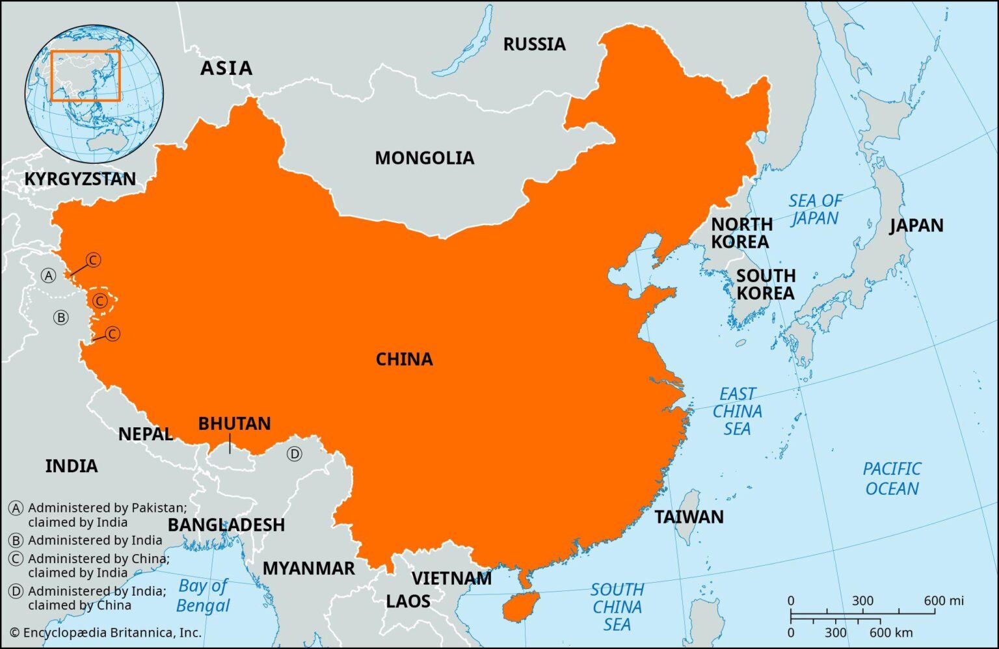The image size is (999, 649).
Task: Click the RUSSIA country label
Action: pyautogui.click(x=534, y=44)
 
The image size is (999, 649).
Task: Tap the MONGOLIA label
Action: pyautogui.click(x=424, y=158)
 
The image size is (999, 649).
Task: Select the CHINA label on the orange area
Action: pyautogui.click(x=404, y=359)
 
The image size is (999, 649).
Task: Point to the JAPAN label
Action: pyautogui.click(x=916, y=226)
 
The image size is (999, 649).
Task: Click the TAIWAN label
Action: pyautogui.click(x=689, y=517)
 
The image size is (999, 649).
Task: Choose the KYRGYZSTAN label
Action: pyautogui.click(x=80, y=179)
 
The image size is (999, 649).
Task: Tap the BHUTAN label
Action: pyautogui.click(x=234, y=424)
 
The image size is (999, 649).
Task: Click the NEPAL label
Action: pyautogui.click(x=145, y=434)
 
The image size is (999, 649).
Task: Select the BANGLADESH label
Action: pyautogui.click(x=226, y=525)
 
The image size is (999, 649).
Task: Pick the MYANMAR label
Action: pyautogui.click(x=308, y=568)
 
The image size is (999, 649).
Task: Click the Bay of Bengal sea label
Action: pyautogui.click(x=203, y=596)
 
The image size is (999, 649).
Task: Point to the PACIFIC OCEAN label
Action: pyautogui.click(x=892, y=479)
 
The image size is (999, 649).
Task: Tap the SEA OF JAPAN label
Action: pyautogui.click(x=815, y=209)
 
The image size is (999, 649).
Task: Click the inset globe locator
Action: pyautogui.click(x=94, y=94)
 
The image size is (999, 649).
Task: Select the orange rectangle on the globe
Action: pyautogui.click(x=85, y=75)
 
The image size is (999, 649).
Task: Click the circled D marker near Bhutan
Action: pyautogui.click(x=295, y=454)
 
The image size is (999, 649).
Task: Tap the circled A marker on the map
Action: pyautogui.click(x=48, y=276)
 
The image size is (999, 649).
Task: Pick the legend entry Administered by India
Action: pyautogui.click(x=94, y=540)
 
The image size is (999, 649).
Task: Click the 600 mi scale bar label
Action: pyautogui.click(x=943, y=601)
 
